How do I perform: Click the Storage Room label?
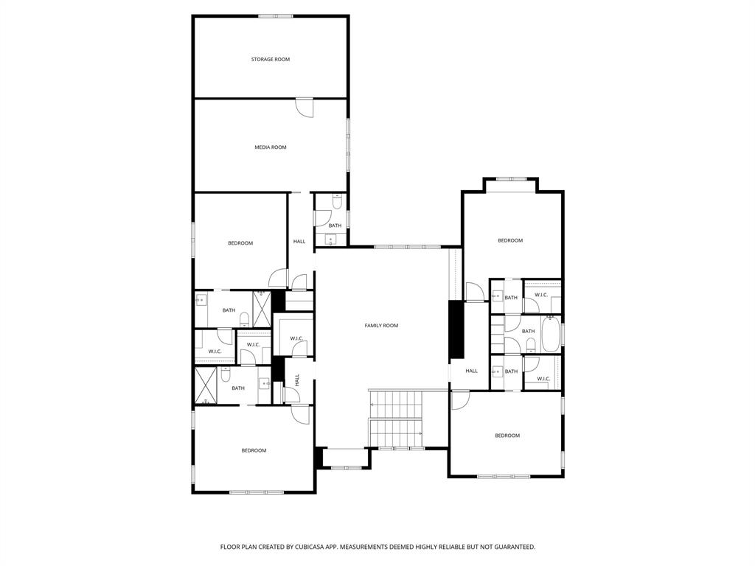(x=270, y=59)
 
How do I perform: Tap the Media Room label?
(x=270, y=147)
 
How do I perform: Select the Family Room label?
(x=381, y=325)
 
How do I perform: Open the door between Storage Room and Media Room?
(x=304, y=107)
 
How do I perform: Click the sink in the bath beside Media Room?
(x=330, y=239)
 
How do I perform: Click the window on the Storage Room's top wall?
(x=276, y=15)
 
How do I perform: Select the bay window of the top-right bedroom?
(x=510, y=178)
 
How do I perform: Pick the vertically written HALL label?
(x=297, y=380)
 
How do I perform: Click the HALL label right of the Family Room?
(x=471, y=371)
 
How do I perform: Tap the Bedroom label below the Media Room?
(x=240, y=243)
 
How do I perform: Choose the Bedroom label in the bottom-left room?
(x=254, y=450)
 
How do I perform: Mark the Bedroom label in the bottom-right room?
(x=507, y=436)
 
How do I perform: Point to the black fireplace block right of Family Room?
(x=456, y=329)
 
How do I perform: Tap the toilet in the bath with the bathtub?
(x=531, y=343)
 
